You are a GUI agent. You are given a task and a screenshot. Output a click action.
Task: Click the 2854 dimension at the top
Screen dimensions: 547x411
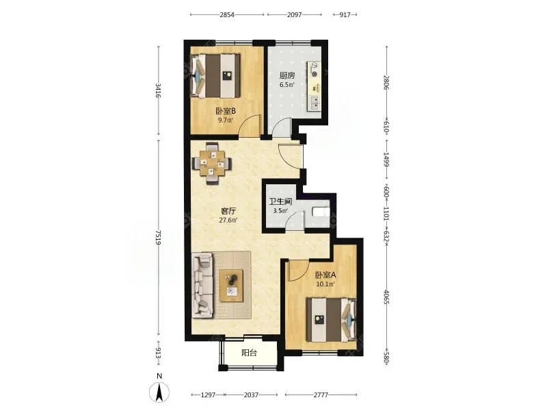227,14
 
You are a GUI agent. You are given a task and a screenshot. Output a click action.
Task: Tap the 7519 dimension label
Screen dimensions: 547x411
159,237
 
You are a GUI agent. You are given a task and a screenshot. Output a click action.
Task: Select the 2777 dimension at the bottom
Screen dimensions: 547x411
321,395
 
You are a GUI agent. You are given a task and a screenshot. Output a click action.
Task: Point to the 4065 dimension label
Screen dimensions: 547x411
386,297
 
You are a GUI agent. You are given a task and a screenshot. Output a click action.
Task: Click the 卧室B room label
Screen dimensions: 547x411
226,112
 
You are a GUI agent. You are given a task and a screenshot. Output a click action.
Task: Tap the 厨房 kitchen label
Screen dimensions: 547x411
287,75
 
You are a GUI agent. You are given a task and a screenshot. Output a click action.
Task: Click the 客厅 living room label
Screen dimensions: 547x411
228,211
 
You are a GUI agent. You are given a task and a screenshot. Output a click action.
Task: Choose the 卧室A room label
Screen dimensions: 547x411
325,275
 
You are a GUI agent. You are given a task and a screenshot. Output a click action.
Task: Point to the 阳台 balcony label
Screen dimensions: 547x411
249,353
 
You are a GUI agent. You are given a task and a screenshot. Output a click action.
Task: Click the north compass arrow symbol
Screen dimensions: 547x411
159,392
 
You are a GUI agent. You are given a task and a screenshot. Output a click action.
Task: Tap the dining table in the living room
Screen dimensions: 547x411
211,163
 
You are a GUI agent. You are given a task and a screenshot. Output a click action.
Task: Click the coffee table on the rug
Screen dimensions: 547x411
232,285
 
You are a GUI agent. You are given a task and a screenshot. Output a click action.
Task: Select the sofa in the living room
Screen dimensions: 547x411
202,286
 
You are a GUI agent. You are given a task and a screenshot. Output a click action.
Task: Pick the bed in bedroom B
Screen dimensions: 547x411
215,75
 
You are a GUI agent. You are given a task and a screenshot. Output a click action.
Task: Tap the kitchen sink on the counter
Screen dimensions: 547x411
314,102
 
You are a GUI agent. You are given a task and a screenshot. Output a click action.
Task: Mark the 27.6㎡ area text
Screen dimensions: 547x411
228,220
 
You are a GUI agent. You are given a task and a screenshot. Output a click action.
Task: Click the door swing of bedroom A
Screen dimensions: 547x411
298,270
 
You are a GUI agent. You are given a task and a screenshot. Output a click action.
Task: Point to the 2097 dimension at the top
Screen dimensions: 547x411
294,14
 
